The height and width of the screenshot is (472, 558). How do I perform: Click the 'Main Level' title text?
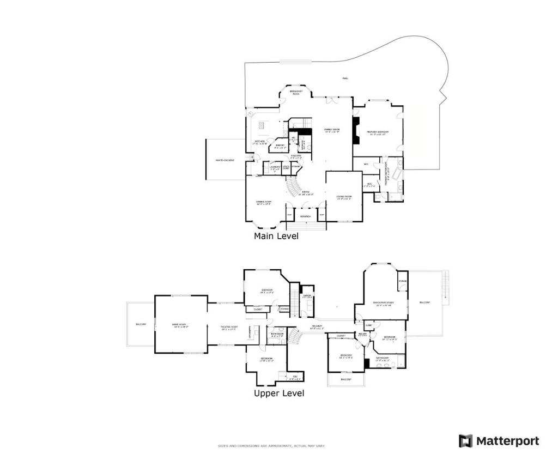276,237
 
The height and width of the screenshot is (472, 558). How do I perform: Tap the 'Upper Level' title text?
279,393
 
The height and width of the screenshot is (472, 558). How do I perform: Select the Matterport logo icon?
465,441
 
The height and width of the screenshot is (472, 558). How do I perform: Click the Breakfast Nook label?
296,93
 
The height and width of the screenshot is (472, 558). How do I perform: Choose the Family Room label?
332,130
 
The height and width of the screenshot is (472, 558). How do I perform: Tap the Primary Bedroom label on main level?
377,132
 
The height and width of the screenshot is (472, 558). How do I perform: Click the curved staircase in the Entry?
295,188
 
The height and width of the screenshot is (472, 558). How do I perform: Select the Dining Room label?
264,202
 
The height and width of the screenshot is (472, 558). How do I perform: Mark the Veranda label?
305,216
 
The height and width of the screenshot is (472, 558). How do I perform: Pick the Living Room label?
344,197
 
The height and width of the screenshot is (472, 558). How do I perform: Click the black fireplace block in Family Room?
356,131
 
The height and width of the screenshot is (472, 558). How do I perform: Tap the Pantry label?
280,146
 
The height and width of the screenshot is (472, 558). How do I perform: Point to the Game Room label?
180,325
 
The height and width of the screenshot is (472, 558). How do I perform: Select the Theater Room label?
228,328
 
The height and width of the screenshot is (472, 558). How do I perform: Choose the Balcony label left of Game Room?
141,325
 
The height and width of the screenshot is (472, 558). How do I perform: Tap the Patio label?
345,78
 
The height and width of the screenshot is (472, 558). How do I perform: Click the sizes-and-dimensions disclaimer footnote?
271,446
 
